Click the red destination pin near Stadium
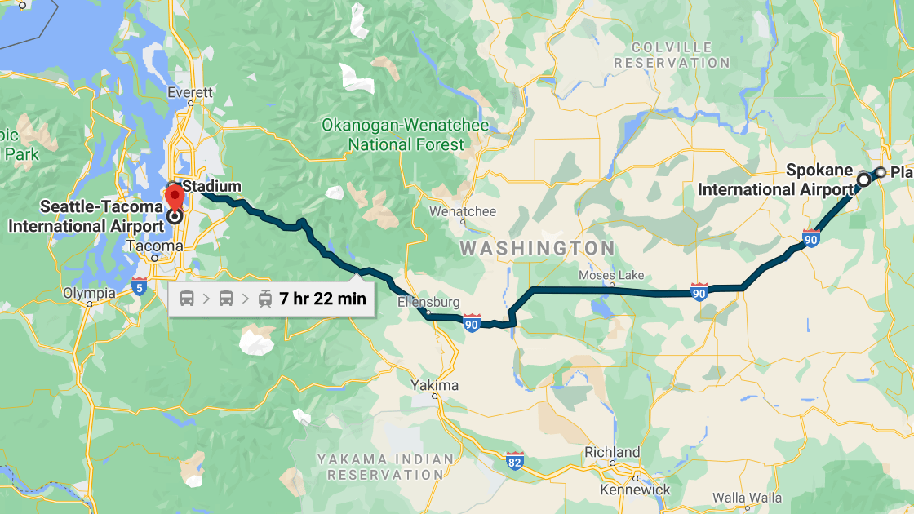174,197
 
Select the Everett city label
190,93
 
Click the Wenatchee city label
463,211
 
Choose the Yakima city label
435,385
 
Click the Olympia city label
90,293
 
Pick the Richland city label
612,452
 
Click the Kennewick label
635,490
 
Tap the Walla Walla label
747,498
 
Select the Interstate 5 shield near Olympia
140,286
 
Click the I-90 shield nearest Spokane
810,238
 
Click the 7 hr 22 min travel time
322,299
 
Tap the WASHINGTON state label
537,248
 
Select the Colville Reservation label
672,55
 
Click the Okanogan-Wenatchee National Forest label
405,135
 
